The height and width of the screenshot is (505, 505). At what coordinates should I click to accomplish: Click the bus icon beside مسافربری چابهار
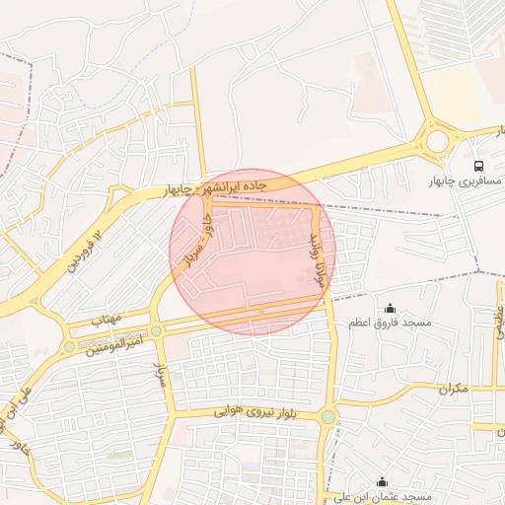click(478, 166)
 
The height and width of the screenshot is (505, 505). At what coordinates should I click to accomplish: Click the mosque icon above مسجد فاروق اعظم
click(390, 307)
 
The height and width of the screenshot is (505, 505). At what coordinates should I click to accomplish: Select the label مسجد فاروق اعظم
click(391, 323)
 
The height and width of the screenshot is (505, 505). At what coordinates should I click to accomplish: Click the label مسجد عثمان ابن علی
click(383, 497)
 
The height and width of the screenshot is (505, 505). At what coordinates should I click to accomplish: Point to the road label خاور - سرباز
click(192, 241)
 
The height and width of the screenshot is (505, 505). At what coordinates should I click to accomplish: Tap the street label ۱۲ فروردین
click(84, 250)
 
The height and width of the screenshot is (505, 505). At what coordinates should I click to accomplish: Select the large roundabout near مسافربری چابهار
click(438, 141)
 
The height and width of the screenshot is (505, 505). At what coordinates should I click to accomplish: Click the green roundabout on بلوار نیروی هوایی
click(327, 417)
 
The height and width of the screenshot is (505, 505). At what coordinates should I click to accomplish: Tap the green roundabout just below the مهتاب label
click(156, 331)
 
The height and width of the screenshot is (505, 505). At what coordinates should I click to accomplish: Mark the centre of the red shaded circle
click(252, 252)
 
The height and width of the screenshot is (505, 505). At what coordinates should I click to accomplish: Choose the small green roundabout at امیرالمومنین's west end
click(68, 346)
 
